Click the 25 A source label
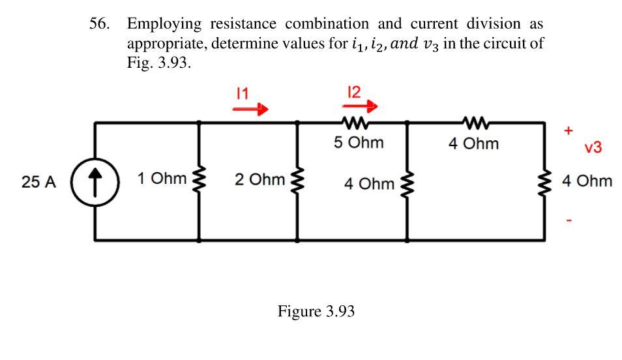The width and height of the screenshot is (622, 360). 38,182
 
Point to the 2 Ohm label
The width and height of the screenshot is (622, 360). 259,179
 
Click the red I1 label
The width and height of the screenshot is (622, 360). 242,93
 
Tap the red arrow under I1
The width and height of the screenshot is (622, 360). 251,110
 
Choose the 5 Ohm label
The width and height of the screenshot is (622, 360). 358,142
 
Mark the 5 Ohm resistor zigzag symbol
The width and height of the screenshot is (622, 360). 355,122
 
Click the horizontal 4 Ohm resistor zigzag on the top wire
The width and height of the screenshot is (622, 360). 474,122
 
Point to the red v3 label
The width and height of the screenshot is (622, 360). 593,147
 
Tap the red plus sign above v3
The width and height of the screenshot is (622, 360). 568,130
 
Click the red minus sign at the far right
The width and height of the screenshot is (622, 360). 569,221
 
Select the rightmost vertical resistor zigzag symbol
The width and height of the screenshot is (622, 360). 544,181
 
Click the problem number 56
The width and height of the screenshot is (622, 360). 99,24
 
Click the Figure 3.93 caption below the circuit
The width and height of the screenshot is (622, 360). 316,311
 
